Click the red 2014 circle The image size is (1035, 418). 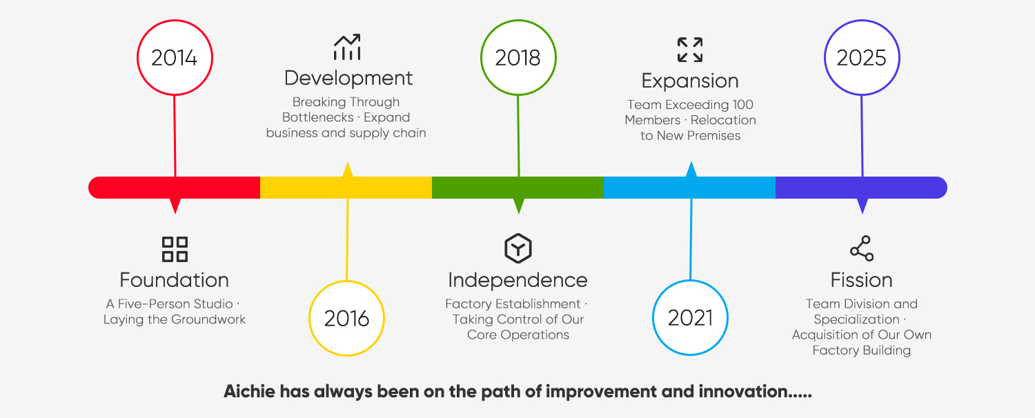(175, 58)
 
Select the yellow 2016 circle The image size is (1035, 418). (346, 318)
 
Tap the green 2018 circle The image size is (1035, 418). (518, 58)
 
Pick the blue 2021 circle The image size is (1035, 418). (690, 318)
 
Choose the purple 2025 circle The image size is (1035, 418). (862, 58)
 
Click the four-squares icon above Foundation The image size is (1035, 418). (175, 249)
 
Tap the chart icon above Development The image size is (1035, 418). (347, 48)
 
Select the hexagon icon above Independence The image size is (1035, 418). (518, 248)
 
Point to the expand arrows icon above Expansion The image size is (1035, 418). (690, 50)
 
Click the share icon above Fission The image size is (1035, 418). (862, 248)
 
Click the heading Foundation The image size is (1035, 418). (175, 280)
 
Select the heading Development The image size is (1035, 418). (348, 78)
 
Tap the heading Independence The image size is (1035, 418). (518, 280)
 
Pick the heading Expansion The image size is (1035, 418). (690, 81)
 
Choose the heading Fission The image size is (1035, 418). (862, 280)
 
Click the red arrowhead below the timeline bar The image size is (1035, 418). (175, 206)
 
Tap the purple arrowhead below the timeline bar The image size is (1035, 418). (862, 206)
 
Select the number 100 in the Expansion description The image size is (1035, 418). (740, 105)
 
